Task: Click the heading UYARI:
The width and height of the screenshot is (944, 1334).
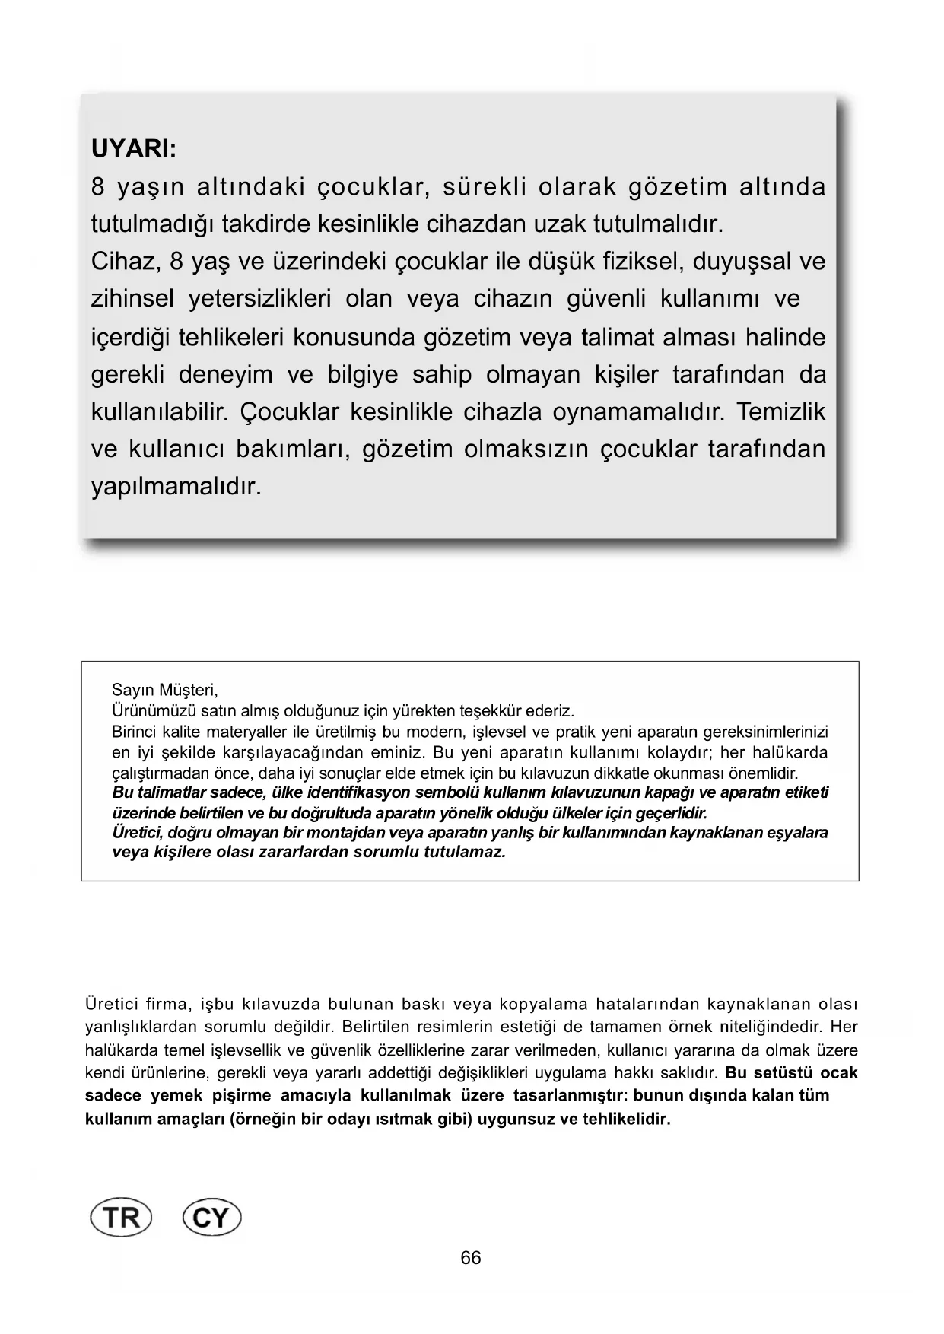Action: [134, 148]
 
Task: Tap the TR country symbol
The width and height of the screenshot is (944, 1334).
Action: [122, 1218]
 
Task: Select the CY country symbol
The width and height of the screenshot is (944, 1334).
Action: [212, 1218]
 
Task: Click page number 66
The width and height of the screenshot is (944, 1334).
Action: [471, 1258]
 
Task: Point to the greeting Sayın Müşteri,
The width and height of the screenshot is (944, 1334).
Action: [165, 691]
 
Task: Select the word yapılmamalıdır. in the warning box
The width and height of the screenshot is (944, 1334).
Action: [176, 486]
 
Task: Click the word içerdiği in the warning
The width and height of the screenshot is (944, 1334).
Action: [129, 337]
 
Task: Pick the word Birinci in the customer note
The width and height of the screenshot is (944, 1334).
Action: [135, 732]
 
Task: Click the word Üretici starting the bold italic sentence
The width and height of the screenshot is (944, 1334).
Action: [137, 832]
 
